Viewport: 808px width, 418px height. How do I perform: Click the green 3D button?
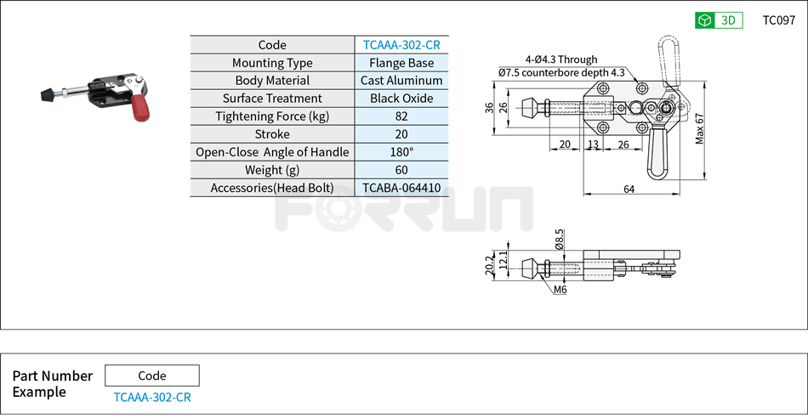(x=719, y=20)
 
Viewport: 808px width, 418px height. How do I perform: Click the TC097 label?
(x=778, y=20)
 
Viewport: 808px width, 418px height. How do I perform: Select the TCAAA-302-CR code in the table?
(x=401, y=45)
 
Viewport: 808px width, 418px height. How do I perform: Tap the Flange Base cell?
(x=401, y=63)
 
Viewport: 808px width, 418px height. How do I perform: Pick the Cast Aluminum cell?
(x=401, y=81)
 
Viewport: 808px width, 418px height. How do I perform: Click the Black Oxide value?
(x=401, y=99)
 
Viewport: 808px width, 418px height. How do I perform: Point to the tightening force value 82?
(x=401, y=116)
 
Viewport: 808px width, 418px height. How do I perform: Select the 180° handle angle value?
(x=401, y=152)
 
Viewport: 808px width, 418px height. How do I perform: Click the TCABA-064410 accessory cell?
(x=401, y=188)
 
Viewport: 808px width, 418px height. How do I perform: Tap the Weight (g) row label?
(x=272, y=170)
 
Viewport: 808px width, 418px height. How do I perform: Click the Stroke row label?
(x=272, y=134)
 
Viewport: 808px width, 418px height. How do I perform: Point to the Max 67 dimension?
(x=700, y=128)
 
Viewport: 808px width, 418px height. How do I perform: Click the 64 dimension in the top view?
(x=629, y=189)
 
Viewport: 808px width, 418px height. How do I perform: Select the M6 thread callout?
(x=560, y=290)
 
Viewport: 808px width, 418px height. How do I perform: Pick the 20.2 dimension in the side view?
(x=489, y=266)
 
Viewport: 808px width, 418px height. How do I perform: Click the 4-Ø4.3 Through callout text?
(x=561, y=59)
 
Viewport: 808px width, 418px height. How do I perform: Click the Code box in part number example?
(x=152, y=376)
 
